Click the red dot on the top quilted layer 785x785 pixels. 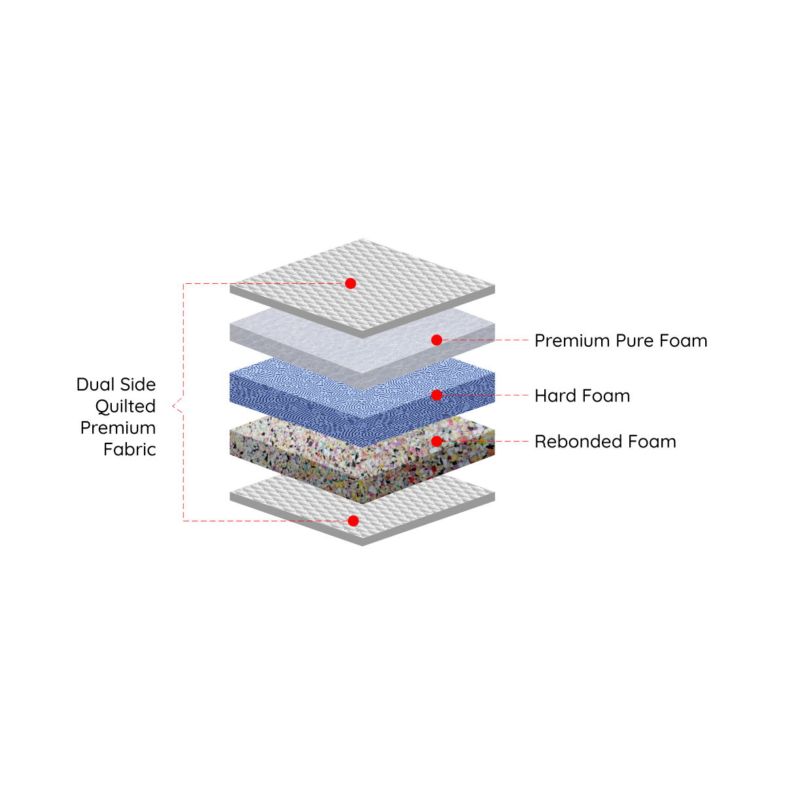point(350,283)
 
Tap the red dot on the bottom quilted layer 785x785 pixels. point(353,521)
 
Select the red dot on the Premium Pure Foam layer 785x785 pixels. point(436,340)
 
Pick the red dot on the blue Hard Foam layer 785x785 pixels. point(436,395)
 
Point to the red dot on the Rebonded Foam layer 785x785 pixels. point(436,441)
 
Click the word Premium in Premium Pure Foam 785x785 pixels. point(572,341)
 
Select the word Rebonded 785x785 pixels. point(578,442)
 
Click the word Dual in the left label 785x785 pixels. point(95,384)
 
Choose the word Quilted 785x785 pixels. point(126,406)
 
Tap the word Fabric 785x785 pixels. point(130,449)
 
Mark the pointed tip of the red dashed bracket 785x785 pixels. point(173,406)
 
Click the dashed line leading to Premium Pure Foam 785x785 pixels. point(485,340)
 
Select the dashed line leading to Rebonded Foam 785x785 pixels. point(485,441)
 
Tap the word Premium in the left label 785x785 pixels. point(118,428)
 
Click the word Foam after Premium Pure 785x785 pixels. point(683,341)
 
